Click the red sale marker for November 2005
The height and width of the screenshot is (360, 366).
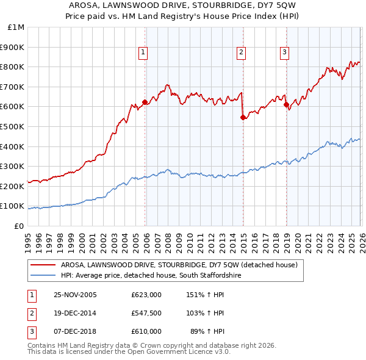click(145, 102)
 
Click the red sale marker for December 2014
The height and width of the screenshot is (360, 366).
click(243, 117)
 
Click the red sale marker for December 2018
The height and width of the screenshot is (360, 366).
click(286, 105)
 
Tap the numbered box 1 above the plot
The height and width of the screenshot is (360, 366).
click(143, 53)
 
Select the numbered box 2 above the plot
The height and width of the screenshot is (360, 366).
click(242, 53)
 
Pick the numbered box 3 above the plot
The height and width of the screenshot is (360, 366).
click(284, 53)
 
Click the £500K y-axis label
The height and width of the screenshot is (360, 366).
click(13, 126)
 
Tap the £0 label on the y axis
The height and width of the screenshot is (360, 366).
click(18, 226)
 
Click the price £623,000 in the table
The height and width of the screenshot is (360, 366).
click(146, 295)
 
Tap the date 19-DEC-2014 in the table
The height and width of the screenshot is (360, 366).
click(75, 313)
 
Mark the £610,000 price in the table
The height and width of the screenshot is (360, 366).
click(146, 331)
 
